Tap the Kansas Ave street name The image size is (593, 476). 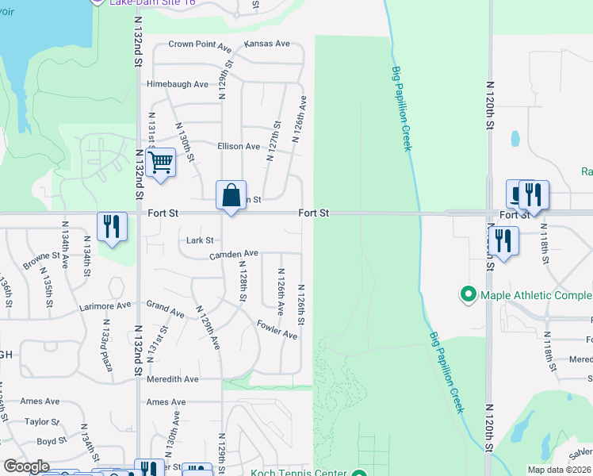[267, 44]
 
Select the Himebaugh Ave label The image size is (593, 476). [178, 84]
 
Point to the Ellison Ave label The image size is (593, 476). [239, 147]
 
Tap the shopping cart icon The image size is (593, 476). [161, 163]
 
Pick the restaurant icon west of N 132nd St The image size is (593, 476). [112, 227]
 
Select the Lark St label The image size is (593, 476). [200, 240]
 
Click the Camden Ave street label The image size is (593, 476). [234, 255]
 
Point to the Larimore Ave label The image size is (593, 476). [105, 305]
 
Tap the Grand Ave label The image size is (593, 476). [166, 309]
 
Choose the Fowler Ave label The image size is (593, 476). [277, 329]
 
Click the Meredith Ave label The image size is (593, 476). [173, 379]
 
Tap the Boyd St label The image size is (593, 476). [52, 441]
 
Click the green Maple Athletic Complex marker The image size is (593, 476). [469, 295]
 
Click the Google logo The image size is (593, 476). [25, 466]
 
